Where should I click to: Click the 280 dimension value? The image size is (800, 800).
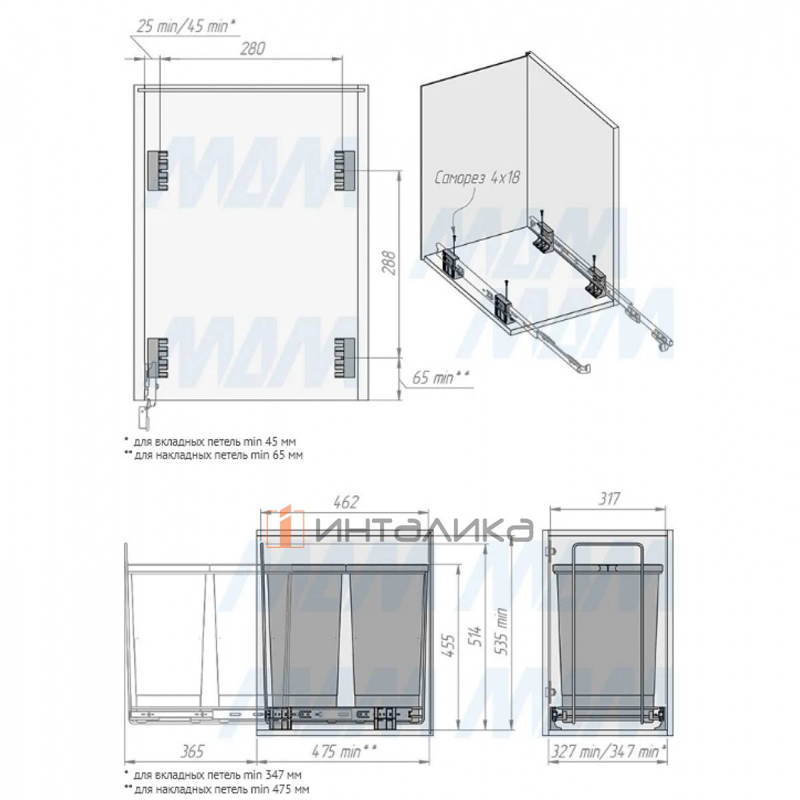point(253,49)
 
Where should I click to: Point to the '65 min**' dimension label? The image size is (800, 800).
point(441,378)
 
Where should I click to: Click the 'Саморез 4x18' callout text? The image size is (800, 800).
point(477,179)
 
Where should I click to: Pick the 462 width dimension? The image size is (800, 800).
point(345,502)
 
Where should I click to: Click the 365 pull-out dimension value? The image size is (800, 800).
point(193,751)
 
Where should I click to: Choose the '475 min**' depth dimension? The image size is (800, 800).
point(344,751)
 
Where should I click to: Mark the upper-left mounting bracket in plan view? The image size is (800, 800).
point(158,170)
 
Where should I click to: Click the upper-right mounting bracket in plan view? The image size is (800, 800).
point(345,170)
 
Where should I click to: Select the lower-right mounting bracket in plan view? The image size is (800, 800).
point(345,357)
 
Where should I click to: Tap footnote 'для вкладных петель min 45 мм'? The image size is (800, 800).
point(215,441)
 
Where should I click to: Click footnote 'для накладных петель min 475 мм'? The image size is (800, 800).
point(221,789)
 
